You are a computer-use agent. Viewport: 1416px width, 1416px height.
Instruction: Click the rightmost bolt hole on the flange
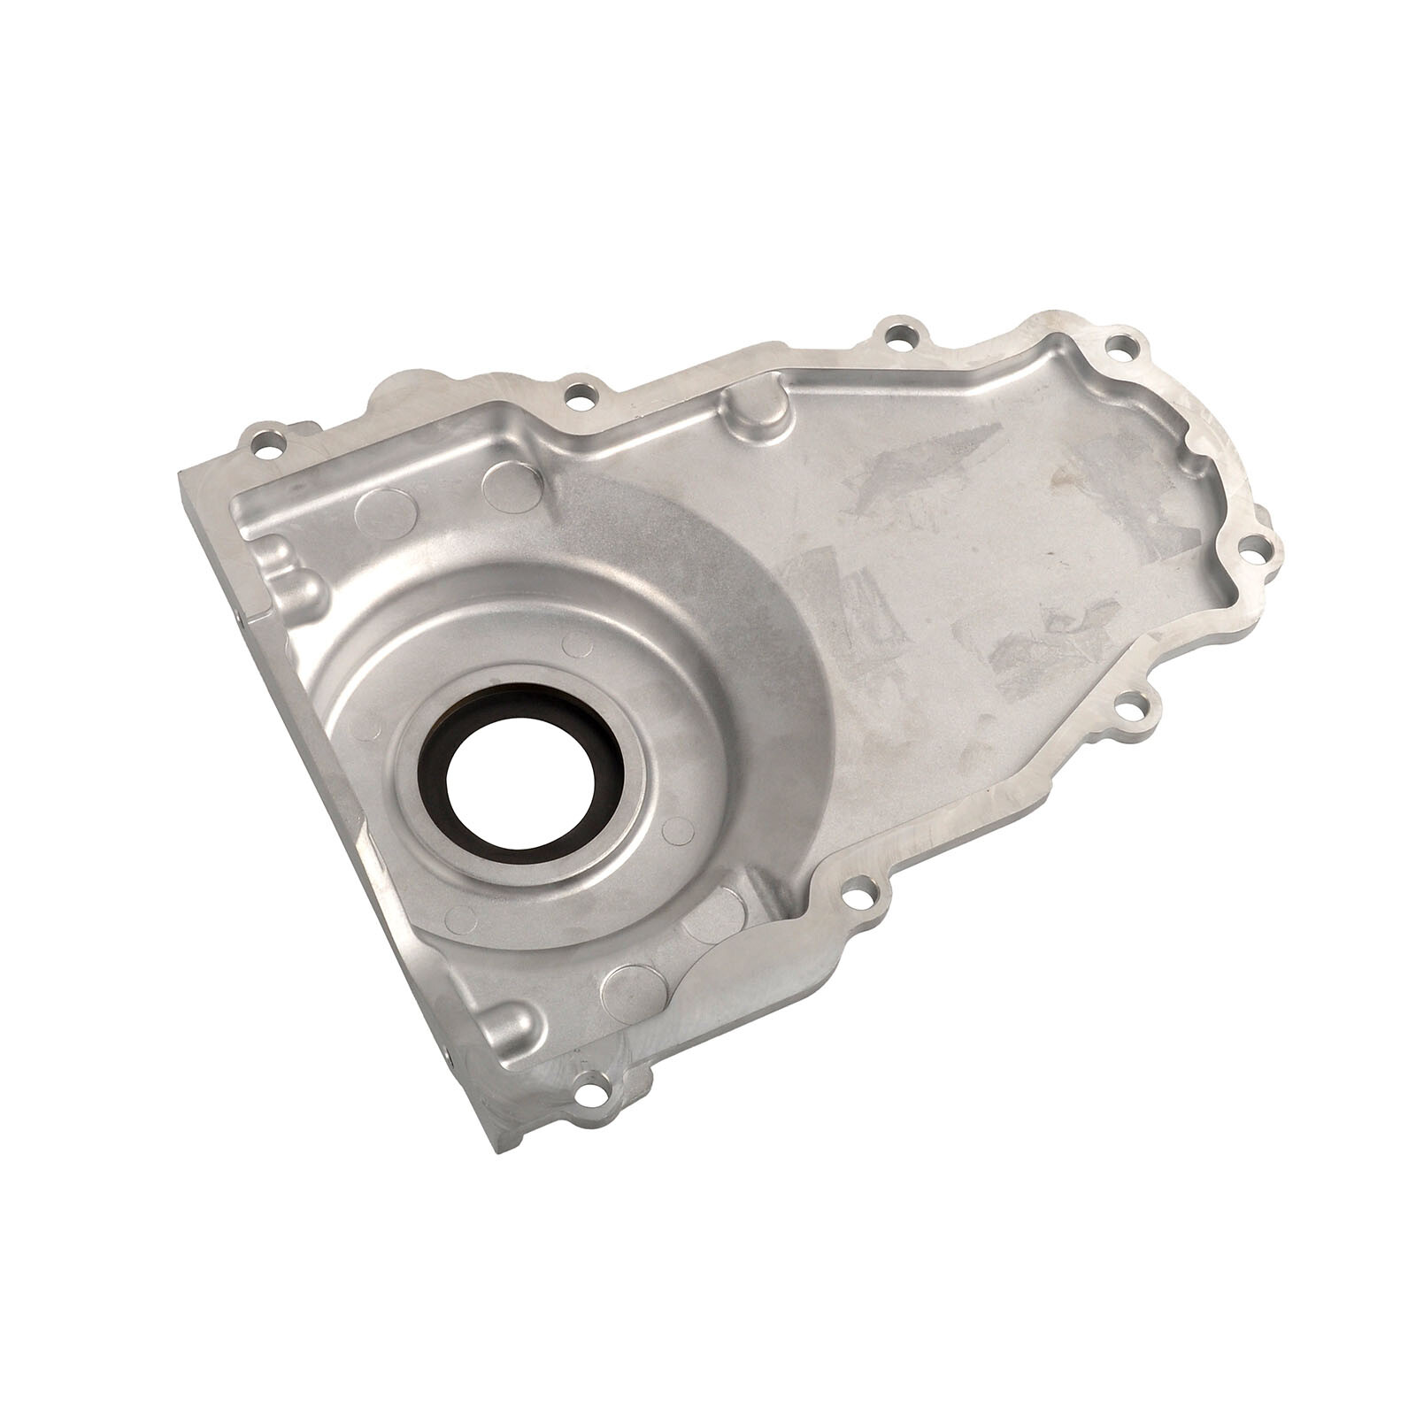[1255, 552]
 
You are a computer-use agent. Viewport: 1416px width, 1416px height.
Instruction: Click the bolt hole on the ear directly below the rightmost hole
[1127, 708]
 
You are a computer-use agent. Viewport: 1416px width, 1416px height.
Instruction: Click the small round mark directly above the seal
[577, 644]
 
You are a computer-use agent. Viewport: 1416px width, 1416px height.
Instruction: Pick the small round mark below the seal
[461, 920]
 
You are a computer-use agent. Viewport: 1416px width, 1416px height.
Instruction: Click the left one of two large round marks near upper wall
[385, 514]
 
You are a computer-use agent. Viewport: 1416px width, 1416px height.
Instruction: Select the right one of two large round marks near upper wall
[512, 486]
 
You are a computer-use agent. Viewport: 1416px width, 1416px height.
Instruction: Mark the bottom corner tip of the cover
[500, 1150]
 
